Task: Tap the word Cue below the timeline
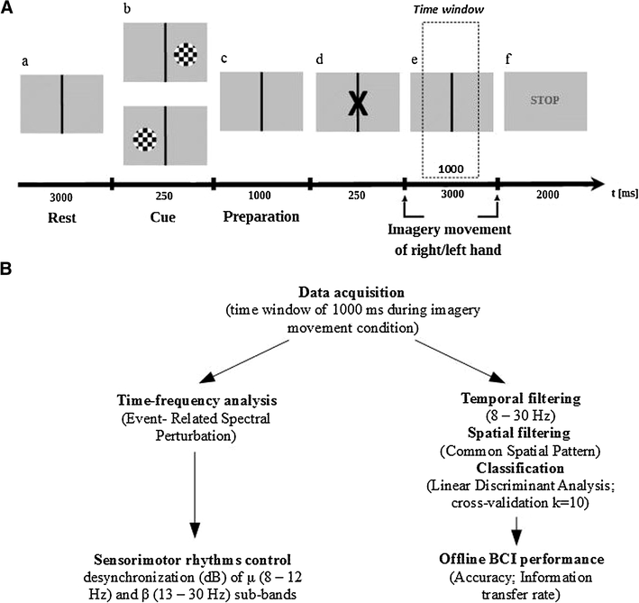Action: (x=160, y=217)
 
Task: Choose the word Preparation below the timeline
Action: (x=260, y=217)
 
